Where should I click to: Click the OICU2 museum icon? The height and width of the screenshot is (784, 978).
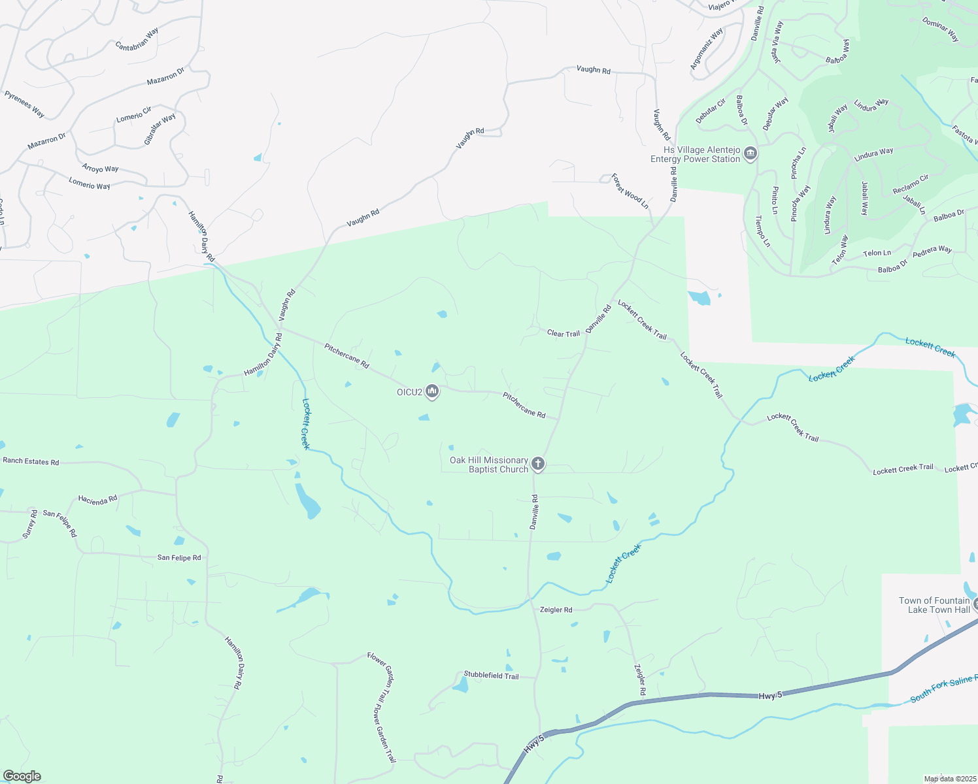click(x=431, y=391)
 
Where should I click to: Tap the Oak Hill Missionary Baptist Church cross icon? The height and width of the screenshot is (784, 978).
click(x=537, y=464)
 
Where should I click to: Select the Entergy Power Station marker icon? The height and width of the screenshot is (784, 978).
click(x=750, y=154)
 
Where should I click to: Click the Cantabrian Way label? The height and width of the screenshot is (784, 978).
click(x=137, y=39)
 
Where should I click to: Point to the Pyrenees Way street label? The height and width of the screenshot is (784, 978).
click(x=24, y=104)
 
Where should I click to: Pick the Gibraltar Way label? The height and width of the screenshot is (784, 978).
click(x=160, y=129)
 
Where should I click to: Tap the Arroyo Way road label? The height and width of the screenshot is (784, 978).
click(x=100, y=168)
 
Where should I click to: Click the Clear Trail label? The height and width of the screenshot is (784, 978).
click(x=563, y=333)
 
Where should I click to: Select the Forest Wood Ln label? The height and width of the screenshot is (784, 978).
click(x=630, y=191)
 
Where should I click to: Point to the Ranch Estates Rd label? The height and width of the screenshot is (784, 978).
click(x=31, y=461)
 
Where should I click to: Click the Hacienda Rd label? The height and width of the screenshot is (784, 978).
click(x=97, y=499)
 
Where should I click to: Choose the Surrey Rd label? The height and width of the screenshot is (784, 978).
click(x=30, y=524)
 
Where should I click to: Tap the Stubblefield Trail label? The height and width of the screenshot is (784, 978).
click(x=491, y=676)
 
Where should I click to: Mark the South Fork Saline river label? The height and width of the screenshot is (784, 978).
click(x=943, y=689)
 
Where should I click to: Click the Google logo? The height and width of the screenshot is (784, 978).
click(x=22, y=776)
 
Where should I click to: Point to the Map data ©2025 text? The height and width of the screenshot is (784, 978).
click(x=950, y=779)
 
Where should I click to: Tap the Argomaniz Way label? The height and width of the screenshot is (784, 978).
click(x=706, y=49)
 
